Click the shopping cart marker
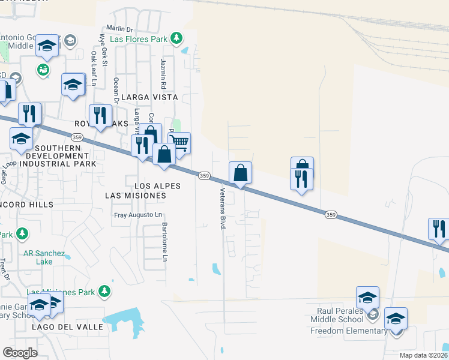(179, 143)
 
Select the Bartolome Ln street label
(164, 242)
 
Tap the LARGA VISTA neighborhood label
(149, 97)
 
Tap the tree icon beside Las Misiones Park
(105, 291)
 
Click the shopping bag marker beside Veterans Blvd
(240, 173)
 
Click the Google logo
(20, 353)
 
